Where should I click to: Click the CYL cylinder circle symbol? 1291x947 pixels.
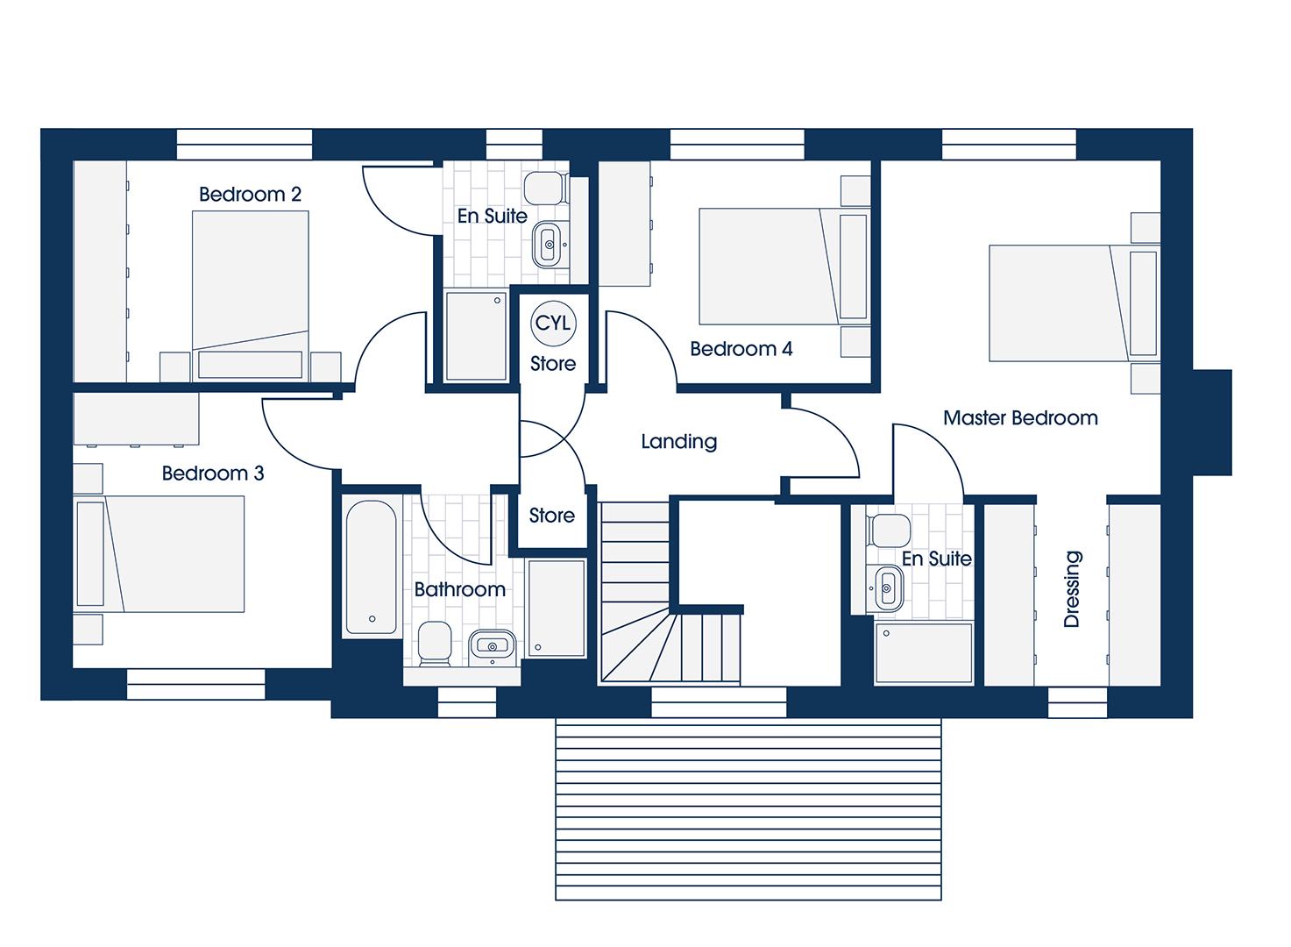[x=553, y=324]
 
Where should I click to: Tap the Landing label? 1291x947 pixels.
[x=679, y=442]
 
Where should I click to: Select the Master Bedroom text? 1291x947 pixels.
[x=1020, y=418]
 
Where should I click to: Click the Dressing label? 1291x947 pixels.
[x=1072, y=589]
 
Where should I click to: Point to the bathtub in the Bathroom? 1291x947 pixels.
[x=372, y=567]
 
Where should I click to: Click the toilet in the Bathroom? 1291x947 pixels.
[x=435, y=643]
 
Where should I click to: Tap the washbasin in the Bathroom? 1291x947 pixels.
[x=493, y=646]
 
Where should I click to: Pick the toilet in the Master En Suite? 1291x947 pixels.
[x=889, y=530]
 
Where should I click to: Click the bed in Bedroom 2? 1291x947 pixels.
[x=250, y=295]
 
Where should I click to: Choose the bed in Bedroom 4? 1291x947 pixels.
[x=784, y=267]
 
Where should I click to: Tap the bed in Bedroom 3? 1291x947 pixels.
[x=159, y=553]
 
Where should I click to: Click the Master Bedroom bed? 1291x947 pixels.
[x=1075, y=303]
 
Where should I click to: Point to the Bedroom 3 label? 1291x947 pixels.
[x=213, y=473]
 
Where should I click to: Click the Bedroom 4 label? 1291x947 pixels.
[x=741, y=349]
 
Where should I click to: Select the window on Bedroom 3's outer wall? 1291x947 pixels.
[x=196, y=684]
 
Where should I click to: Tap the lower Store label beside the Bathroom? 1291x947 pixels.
[x=552, y=516]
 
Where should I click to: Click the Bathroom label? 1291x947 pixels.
[x=460, y=589]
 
